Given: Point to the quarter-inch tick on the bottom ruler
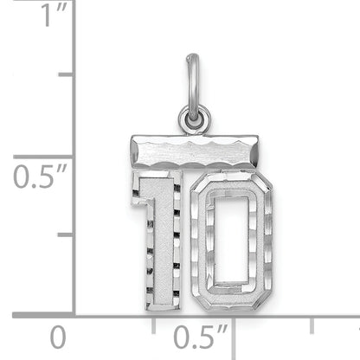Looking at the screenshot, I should pos(153,322).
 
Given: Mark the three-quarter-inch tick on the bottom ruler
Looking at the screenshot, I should pos(312,322).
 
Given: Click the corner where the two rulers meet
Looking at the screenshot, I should pos(74,315).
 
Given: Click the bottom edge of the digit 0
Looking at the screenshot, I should pos(229,294).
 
